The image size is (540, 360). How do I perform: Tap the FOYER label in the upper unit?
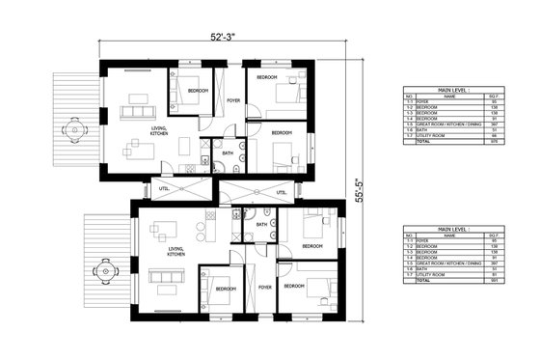[x=233, y=99]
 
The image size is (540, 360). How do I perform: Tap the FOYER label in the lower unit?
[x=264, y=287]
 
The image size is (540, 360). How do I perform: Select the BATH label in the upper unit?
[x=228, y=152]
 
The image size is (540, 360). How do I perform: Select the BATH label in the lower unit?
[x=260, y=225]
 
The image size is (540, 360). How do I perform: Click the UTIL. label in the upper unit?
[x=164, y=188]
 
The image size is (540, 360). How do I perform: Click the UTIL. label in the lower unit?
[x=282, y=192]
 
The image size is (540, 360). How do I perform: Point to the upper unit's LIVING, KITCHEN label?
[x=159, y=131]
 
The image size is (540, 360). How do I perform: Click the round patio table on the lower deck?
[x=103, y=267]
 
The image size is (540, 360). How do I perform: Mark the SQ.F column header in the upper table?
[x=495, y=97]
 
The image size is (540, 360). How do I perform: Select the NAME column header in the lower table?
[x=448, y=235]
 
